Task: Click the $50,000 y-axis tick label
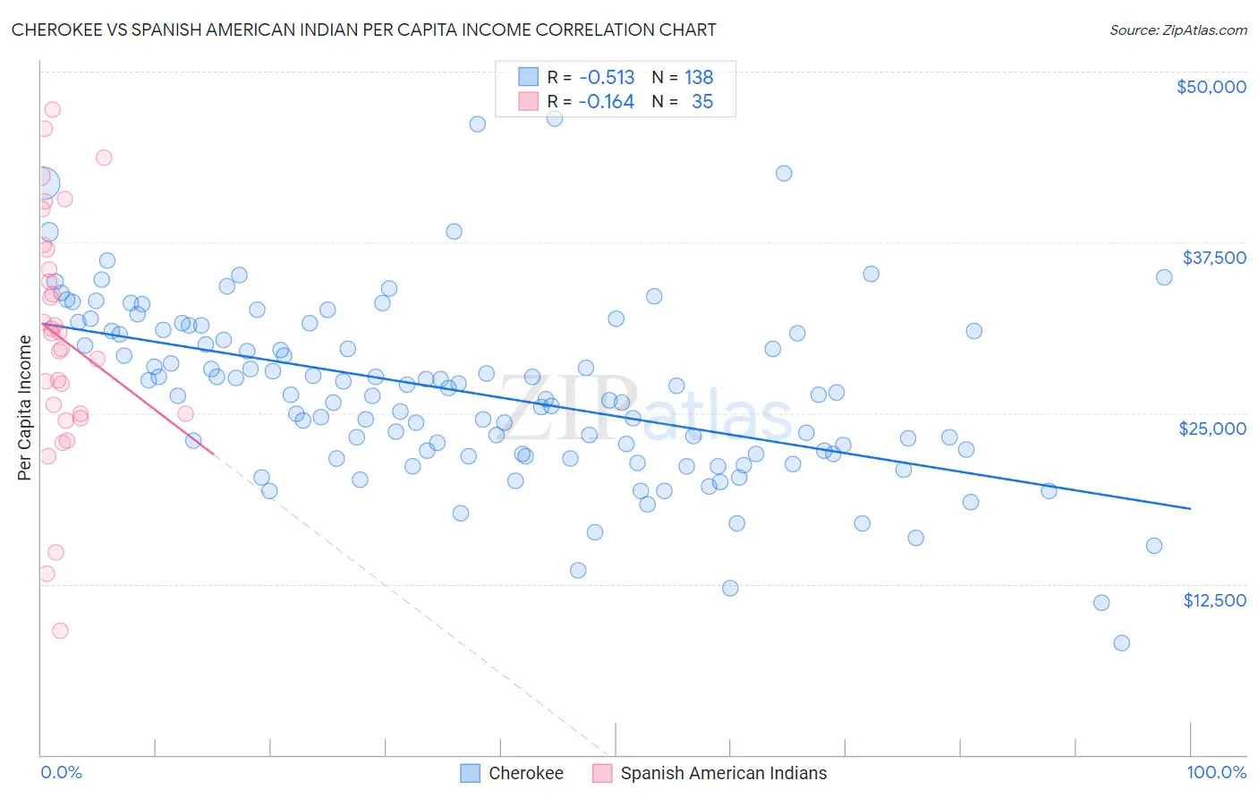(x=1211, y=87)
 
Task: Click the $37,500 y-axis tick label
(x=1213, y=258)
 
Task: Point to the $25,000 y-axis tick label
(x=1211, y=429)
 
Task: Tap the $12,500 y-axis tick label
(x=1214, y=600)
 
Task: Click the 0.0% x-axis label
(x=61, y=772)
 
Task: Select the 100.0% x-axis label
(x=1216, y=772)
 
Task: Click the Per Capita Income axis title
(x=24, y=408)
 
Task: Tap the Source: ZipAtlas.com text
(x=1177, y=30)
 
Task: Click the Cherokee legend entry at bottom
(x=525, y=773)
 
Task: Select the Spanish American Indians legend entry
(x=723, y=773)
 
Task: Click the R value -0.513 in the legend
(x=606, y=77)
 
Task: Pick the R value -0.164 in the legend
(x=606, y=101)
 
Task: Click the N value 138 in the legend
(x=699, y=77)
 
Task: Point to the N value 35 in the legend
(x=702, y=101)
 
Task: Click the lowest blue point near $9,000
(x=1121, y=642)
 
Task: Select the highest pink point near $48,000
(x=52, y=109)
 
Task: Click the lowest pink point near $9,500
(x=60, y=630)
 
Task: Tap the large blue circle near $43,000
(x=42, y=183)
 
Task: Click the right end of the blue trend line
(x=1190, y=508)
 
